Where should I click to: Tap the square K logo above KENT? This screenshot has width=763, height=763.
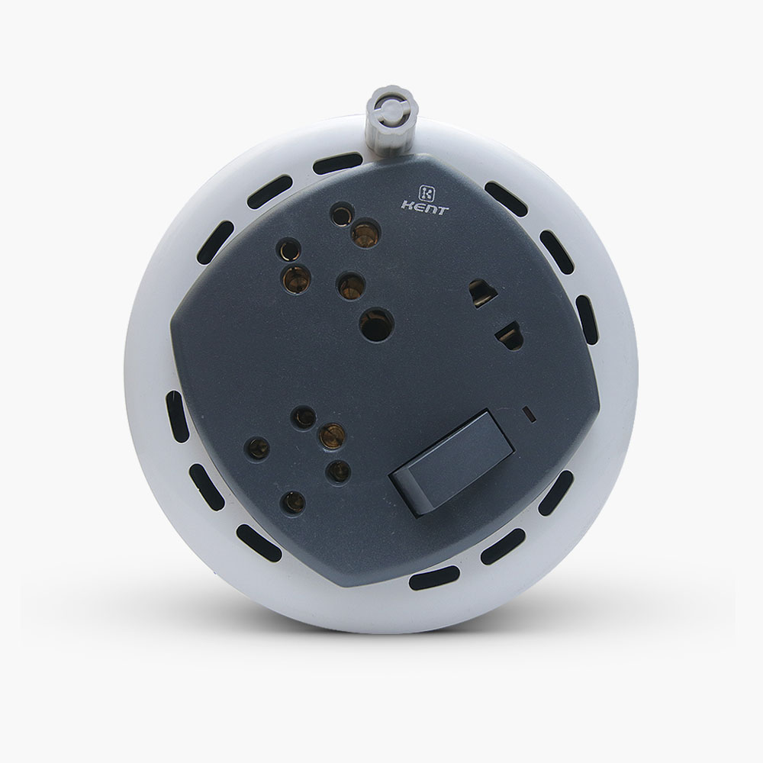(427, 193)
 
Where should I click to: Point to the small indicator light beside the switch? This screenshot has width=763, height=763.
(528, 414)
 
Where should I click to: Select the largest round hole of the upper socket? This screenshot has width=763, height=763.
(376, 324)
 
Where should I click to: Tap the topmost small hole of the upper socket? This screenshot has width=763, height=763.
(342, 214)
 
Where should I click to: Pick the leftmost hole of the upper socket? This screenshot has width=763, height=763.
(288, 250)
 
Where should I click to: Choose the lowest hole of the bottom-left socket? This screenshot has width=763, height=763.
(294, 502)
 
